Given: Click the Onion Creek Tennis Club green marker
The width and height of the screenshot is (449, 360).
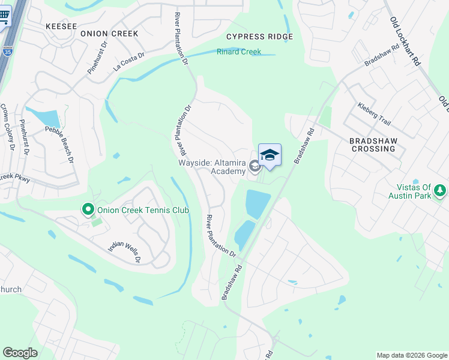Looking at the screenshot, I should tap(88, 209).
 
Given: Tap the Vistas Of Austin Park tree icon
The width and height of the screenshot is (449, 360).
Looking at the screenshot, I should tap(441, 191).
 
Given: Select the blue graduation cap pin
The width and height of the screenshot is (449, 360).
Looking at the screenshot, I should tap(270, 155).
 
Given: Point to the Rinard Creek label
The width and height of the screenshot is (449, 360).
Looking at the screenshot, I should tap(238, 52).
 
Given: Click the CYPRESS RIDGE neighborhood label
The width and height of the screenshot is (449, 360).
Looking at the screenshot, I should tap(259, 37).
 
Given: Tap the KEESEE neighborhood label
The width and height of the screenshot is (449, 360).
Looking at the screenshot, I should tap(61, 26).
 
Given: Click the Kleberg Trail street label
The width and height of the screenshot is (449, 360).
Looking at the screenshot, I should tap(374, 114).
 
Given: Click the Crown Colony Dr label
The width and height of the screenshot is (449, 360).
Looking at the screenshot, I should tap(8, 126).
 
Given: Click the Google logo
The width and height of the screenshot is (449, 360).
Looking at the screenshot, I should tap(20, 353).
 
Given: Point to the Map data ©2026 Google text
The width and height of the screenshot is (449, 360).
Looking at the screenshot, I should tap(411, 355).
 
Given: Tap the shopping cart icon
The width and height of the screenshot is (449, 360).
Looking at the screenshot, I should tap(4, 17).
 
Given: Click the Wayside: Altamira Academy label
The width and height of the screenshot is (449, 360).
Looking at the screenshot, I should tap(212, 167).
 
